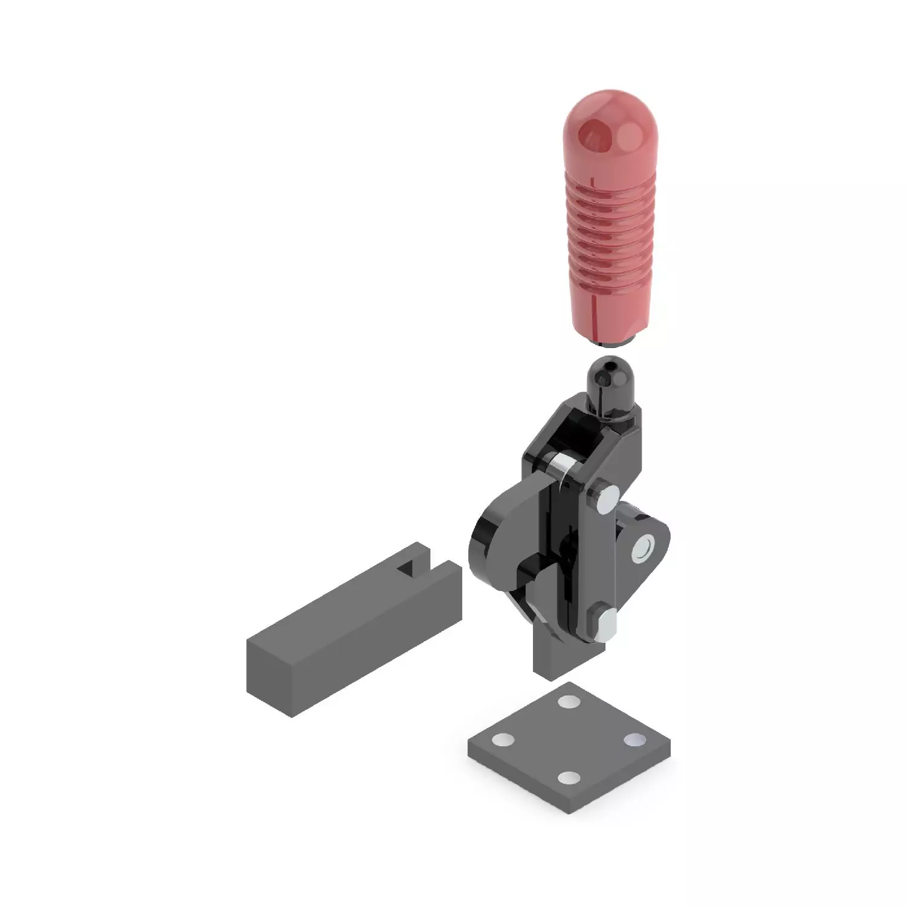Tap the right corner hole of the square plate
click(635, 740)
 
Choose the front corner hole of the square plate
click(569, 778)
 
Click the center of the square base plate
click(569, 740)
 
